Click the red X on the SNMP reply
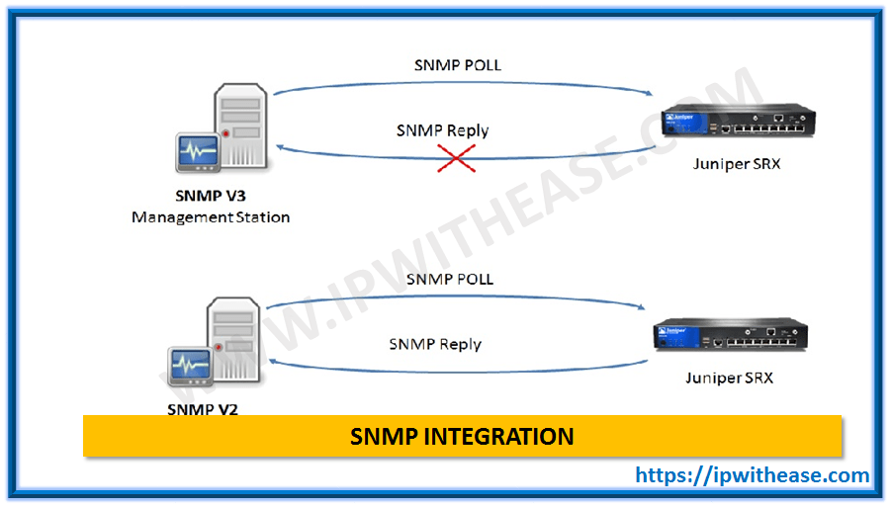pos(456,156)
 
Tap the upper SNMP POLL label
pos(457,65)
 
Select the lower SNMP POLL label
pos(449,280)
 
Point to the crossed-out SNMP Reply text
pos(442,130)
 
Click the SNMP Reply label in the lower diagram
pos(434,344)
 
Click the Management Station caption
pos(211,216)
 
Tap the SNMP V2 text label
pos(203,408)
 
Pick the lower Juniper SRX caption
pos(732,378)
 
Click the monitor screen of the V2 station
pos(191,367)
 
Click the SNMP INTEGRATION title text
pos(462,436)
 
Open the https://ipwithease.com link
pos(752,475)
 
